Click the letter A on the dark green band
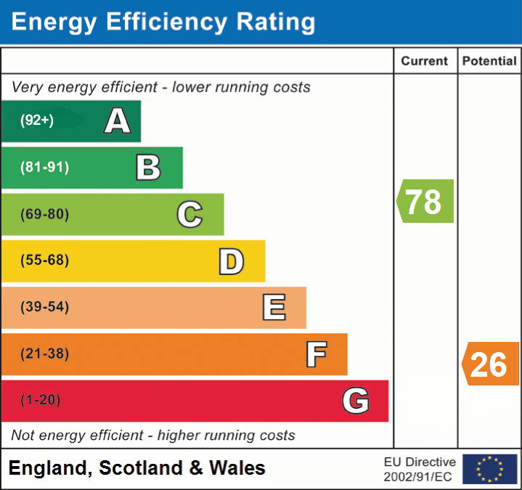pos(118,121)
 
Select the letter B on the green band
pos(148,168)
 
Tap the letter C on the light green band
pos(189,214)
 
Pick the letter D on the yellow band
pos(231,261)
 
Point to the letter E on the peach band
pos(274,308)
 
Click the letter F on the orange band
pos(316,354)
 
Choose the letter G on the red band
pos(356,401)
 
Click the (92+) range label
pos(37,121)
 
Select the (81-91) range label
pos(45,168)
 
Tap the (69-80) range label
pos(45,214)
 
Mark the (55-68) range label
pos(45,261)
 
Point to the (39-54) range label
pos(45,307)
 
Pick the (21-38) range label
pos(45,354)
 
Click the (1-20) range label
pos(41,400)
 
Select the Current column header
pos(425,62)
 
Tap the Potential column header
pos(489,62)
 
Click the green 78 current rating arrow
pos(425,201)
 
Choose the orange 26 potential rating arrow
pos(491,364)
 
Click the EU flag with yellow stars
pos(490,469)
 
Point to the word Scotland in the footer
pos(141,468)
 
